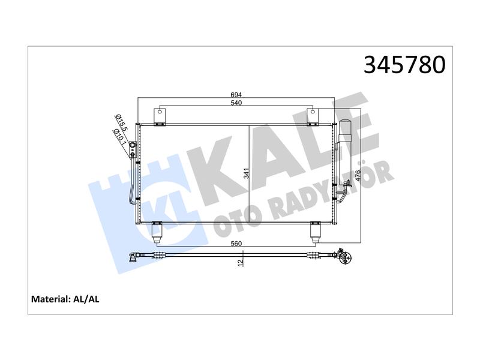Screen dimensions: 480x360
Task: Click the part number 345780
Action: [404, 65]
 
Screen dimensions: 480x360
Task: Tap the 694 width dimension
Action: [236, 95]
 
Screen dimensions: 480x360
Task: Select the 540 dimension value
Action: [236, 103]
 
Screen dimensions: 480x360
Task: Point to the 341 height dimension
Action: [247, 173]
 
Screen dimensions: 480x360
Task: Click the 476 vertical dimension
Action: [358, 176]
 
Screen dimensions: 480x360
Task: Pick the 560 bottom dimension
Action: [236, 244]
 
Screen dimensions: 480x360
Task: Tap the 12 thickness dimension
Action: [241, 262]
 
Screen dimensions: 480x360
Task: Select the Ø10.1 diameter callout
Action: [119, 137]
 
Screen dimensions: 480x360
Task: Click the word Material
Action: [51, 299]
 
